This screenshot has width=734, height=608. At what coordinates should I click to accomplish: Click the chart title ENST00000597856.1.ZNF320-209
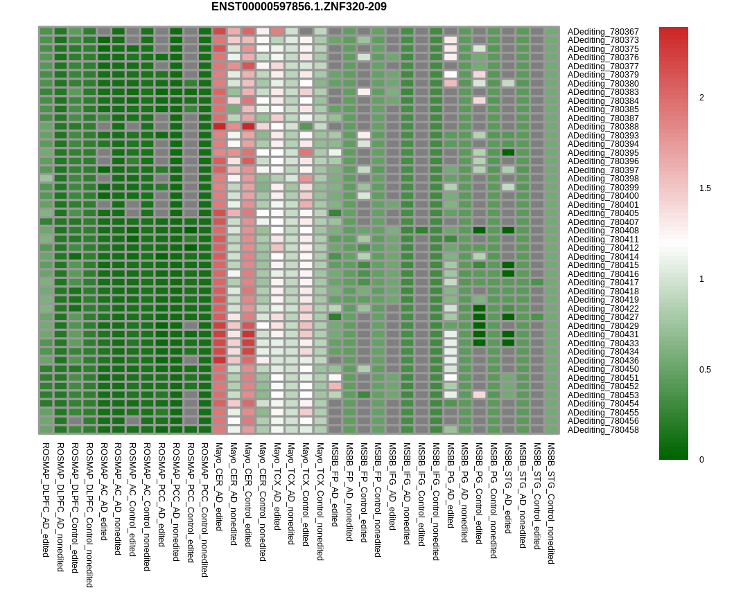[x=299, y=7]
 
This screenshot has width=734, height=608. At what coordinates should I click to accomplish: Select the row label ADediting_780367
[x=603, y=32]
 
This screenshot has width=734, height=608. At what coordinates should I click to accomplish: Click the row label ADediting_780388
[x=603, y=127]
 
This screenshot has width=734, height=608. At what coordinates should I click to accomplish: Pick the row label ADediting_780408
[x=603, y=231]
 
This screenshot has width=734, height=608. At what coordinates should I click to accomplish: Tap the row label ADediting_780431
[x=603, y=334]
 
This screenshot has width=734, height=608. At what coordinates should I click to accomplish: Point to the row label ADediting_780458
[x=603, y=430]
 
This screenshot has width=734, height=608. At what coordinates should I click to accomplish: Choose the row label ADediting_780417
[x=603, y=283]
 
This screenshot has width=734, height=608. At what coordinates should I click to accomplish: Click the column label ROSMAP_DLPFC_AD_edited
[x=46, y=490]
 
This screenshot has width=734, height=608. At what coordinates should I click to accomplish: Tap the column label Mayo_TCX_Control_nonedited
[x=320, y=501]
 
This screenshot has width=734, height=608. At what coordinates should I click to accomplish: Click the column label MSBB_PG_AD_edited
[x=451, y=485]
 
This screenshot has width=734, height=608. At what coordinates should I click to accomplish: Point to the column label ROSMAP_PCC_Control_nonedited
[x=205, y=510]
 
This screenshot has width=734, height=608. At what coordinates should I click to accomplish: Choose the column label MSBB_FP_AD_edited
[x=335, y=485]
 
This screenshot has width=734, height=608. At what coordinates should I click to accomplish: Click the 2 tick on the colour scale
[x=701, y=98]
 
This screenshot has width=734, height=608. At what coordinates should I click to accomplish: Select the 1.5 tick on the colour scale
[x=705, y=188]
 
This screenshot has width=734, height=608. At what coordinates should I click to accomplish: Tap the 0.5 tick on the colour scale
[x=705, y=370]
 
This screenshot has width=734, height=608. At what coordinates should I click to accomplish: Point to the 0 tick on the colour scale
[x=701, y=460]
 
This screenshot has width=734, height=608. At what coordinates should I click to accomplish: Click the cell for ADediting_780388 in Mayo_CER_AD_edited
[x=220, y=127]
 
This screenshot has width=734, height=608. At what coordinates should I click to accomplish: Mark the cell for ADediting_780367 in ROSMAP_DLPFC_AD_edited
[x=46, y=31]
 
